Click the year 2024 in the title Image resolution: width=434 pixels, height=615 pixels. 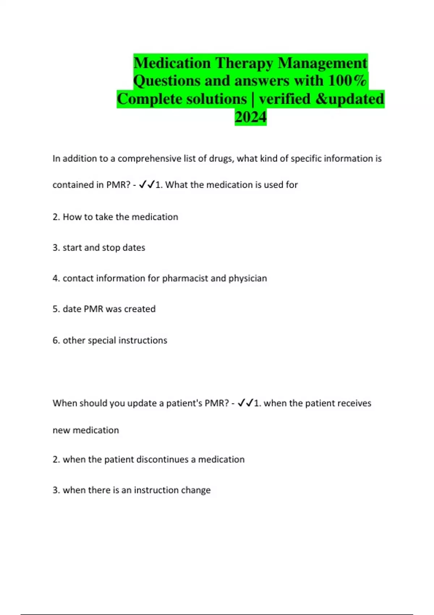pos(250,117)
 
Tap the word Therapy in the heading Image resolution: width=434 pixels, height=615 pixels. pos(244,63)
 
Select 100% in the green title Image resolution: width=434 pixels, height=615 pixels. pos(347,81)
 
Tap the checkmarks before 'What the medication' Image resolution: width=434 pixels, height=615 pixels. pos(146,184)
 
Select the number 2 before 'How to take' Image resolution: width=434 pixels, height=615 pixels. pos(56,217)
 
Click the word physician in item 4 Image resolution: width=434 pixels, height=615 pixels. pos(248,279)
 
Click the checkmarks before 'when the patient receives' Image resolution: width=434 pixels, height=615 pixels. pos(245,403)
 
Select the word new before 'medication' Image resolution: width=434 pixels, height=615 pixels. pos(61,430)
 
